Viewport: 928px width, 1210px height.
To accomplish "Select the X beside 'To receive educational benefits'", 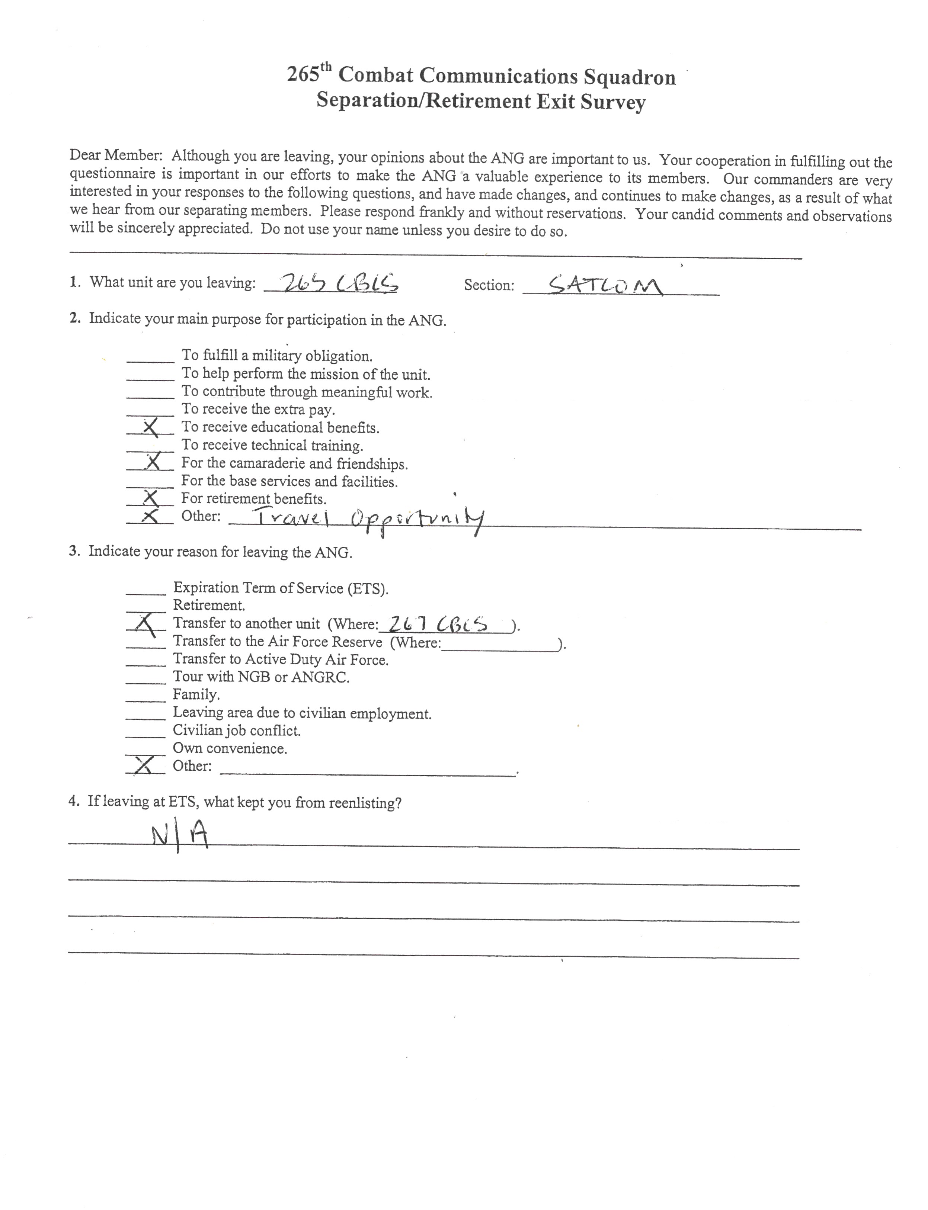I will (x=150, y=427).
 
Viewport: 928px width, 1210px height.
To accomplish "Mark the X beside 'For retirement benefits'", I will (x=150, y=498).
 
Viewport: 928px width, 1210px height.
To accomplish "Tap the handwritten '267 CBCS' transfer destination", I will (x=438, y=624).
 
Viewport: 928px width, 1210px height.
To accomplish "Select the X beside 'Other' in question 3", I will (x=144, y=766).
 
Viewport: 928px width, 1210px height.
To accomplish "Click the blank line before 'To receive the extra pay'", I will (x=150, y=414).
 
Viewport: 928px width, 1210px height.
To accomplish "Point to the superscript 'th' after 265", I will (x=326, y=67).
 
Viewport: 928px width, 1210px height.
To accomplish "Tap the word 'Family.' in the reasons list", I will (x=196, y=695).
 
